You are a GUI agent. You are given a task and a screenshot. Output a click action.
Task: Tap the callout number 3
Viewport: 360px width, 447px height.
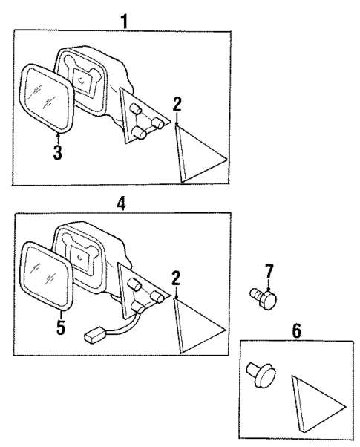(x=56, y=154)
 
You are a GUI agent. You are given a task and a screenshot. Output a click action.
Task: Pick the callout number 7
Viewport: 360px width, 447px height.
(x=269, y=273)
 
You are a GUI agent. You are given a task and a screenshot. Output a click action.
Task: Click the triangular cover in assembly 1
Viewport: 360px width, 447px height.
(x=196, y=154)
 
